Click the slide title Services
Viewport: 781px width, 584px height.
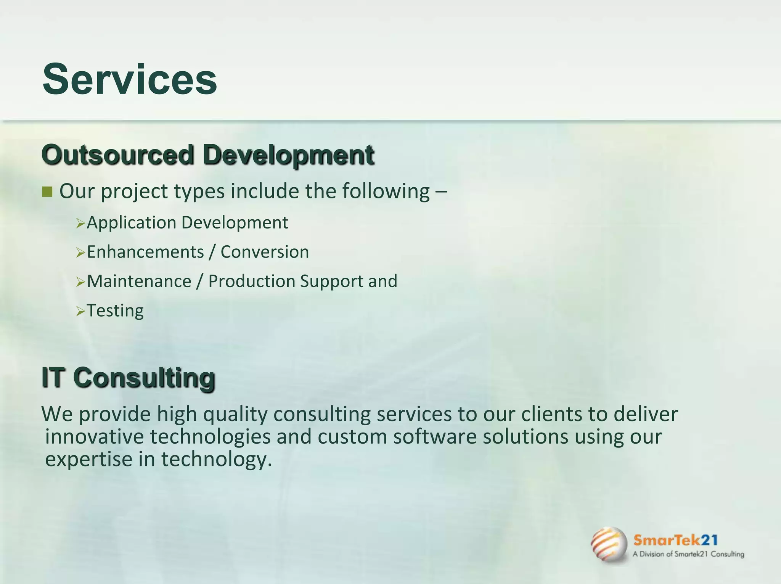(130, 79)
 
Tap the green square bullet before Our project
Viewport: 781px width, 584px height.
(47, 191)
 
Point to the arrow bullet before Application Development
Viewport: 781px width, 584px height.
(80, 224)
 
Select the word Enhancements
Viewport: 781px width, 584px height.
(145, 252)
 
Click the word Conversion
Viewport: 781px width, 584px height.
(265, 252)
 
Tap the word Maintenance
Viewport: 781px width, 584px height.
(139, 282)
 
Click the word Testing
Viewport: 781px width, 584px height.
(115, 311)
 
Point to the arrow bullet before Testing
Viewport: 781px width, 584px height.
(80, 312)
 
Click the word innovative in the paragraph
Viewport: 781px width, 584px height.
(94, 437)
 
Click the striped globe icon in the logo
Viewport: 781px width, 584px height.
(609, 544)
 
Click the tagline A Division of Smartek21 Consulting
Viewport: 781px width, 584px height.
(688, 554)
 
